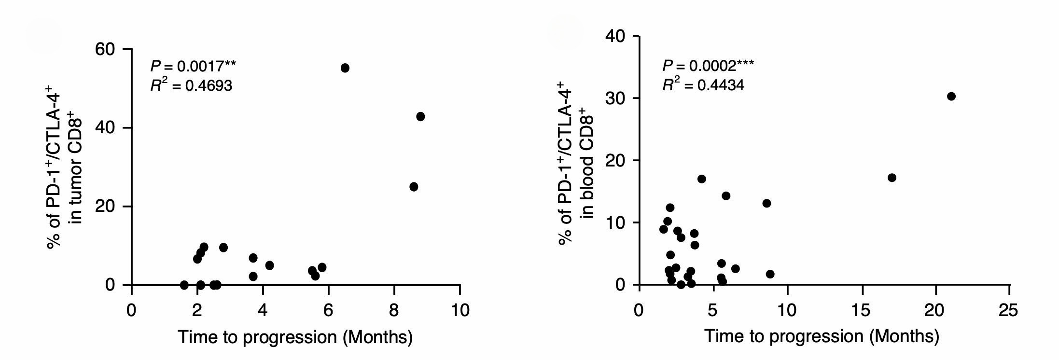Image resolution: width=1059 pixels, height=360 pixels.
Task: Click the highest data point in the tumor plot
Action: tap(345, 68)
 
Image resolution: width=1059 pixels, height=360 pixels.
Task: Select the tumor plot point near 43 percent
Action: tap(420, 117)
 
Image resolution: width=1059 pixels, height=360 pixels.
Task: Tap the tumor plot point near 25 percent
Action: tap(413, 187)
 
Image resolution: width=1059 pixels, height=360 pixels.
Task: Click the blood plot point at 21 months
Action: tap(951, 97)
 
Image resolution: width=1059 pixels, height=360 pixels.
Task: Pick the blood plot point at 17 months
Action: tap(892, 178)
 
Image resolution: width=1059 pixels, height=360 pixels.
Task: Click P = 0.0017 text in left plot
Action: tap(193, 66)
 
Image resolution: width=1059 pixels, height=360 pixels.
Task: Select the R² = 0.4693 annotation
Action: tap(191, 85)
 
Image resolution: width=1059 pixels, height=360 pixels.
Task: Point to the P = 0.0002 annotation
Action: tap(708, 65)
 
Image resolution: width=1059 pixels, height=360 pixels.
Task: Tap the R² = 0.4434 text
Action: tap(703, 85)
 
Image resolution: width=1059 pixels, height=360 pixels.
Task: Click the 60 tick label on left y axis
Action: tap(106, 49)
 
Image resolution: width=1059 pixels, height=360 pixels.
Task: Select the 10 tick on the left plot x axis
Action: tap(460, 310)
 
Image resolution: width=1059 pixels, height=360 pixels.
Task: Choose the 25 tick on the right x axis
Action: tap(1008, 310)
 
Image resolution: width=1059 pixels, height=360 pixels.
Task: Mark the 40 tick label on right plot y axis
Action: tap(614, 36)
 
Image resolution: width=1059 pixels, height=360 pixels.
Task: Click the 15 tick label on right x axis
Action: tap(862, 310)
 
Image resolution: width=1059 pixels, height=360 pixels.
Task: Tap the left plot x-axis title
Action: tap(295, 337)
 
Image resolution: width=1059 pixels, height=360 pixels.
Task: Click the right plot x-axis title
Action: tap(822, 336)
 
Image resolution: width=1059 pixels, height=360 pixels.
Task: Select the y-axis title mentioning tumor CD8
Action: tap(65, 166)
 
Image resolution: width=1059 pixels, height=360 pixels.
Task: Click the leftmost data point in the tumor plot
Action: tap(184, 285)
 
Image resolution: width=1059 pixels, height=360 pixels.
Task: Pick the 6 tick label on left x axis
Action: tap(328, 310)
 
